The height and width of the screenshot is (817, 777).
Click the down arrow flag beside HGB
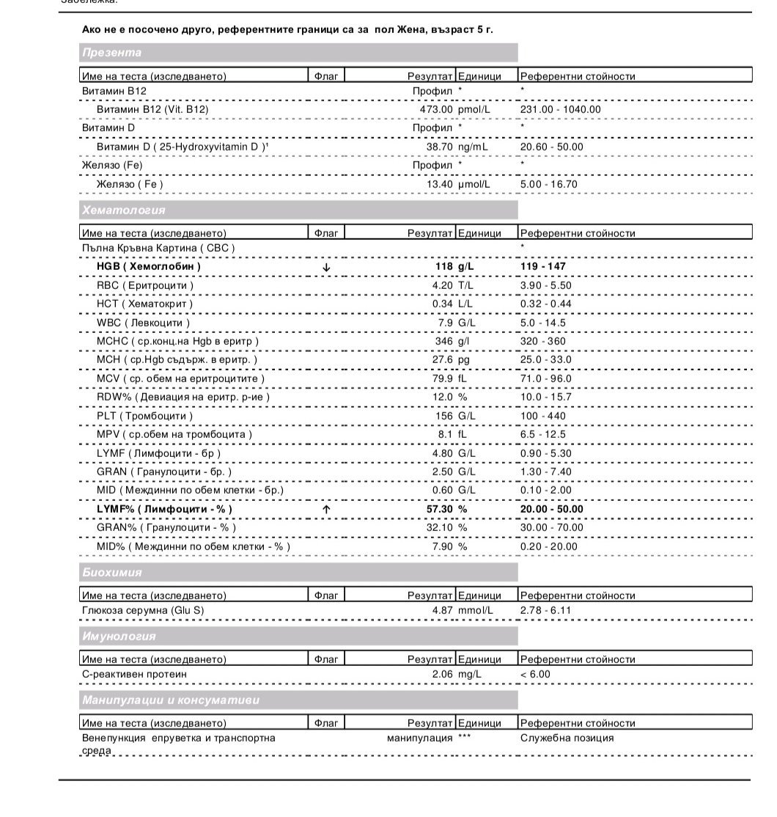[x=326, y=267]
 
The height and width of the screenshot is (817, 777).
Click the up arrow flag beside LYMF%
[x=326, y=509]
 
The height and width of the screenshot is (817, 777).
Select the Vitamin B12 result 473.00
[x=436, y=109]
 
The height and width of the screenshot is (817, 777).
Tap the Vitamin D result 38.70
[x=440, y=147]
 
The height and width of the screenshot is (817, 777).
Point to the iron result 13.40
[x=440, y=184]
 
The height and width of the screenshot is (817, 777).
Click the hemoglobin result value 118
[x=444, y=267]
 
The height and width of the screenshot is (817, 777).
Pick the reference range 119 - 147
[x=542, y=267]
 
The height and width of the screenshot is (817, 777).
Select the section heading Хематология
[x=124, y=210]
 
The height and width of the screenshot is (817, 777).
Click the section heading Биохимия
[x=112, y=572]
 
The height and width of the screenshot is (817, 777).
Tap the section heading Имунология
[x=119, y=636]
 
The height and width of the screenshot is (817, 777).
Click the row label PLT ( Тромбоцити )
[x=144, y=416]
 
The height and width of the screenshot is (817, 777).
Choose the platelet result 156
[x=445, y=416]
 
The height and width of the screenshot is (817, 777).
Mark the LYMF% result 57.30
[x=439, y=509]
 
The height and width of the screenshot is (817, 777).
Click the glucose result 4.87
[x=443, y=610]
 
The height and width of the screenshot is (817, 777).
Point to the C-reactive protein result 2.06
[x=443, y=674]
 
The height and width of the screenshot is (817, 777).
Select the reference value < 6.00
[x=535, y=674]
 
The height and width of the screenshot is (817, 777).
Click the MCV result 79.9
[x=443, y=378]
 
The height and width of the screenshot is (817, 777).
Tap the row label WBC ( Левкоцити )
[x=143, y=323]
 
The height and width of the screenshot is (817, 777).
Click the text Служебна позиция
[x=567, y=738]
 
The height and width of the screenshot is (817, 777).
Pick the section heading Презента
[x=112, y=53]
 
